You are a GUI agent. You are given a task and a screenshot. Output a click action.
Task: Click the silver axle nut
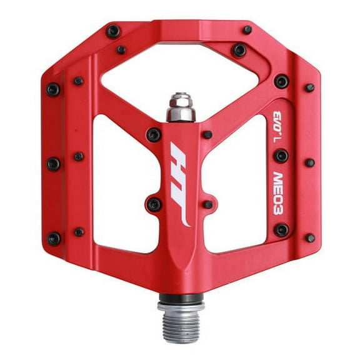(x=181, y=107)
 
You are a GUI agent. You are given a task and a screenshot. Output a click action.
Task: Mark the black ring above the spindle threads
(x=181, y=299)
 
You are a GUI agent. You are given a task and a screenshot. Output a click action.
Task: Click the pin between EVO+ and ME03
(x=281, y=155)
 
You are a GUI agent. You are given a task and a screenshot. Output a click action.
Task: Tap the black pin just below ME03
(x=281, y=230)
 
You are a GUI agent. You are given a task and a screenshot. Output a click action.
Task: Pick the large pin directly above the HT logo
(x=153, y=134)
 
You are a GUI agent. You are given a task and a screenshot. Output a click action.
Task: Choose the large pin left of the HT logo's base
(x=153, y=204)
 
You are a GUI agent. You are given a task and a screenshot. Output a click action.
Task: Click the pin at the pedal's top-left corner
(x=113, y=31)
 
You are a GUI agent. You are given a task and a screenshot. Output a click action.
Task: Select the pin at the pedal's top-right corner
(x=248, y=29)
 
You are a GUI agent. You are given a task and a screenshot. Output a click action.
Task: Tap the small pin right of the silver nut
(x=207, y=134)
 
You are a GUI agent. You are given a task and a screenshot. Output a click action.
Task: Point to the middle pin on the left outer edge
(x=54, y=164)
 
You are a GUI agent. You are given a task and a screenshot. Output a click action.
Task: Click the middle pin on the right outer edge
(x=309, y=162)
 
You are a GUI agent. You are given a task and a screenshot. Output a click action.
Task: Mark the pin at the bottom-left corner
(x=54, y=238)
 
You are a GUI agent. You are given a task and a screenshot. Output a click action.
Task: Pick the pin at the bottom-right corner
(x=310, y=237)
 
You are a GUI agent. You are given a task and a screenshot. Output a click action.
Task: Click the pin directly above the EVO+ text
(x=281, y=81)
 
